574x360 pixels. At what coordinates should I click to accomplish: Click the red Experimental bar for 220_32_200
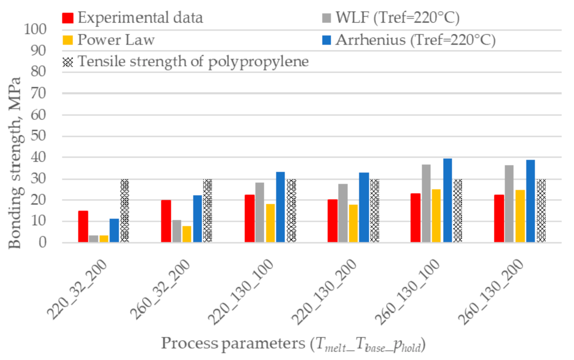(83, 226)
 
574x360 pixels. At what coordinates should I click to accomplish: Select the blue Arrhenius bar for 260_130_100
(447, 200)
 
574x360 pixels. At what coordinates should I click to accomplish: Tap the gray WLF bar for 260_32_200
(176, 231)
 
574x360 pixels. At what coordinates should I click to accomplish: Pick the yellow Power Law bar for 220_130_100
(270, 223)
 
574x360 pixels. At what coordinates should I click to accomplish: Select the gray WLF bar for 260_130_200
(509, 203)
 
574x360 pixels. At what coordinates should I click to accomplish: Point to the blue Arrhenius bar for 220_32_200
(114, 230)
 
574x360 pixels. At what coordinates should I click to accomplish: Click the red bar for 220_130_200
(332, 221)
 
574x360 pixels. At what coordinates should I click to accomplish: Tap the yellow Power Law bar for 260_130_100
(436, 215)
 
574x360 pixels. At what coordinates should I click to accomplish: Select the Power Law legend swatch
(68, 40)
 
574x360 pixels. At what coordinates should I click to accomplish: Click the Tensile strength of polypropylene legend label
(193, 62)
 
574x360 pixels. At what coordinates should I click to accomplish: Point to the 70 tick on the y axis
(38, 94)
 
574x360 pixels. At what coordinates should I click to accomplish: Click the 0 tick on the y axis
(42, 242)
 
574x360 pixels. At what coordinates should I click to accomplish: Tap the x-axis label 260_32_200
(160, 289)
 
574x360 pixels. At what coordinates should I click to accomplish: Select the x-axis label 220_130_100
(241, 291)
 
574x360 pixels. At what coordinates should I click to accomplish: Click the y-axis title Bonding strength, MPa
(15, 163)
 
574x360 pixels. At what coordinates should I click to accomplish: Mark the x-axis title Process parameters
(293, 344)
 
